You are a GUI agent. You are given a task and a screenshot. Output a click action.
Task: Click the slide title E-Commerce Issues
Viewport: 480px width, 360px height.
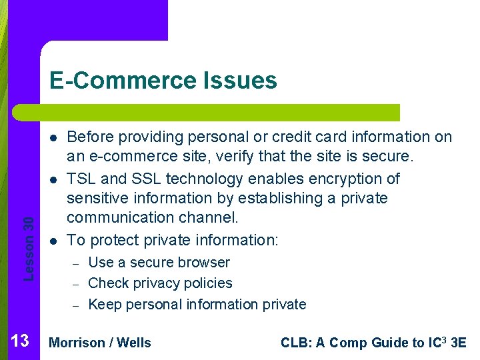[163, 81]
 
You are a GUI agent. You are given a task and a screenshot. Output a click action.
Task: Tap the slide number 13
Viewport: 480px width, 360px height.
[20, 342]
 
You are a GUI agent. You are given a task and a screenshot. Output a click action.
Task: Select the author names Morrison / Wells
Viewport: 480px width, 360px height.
[101, 343]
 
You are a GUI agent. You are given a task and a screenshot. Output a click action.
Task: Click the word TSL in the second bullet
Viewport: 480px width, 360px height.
[81, 179]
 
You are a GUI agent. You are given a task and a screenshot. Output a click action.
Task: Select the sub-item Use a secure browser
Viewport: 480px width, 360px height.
[159, 263]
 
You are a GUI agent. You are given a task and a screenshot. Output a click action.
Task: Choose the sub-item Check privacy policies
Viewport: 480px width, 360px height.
[160, 283]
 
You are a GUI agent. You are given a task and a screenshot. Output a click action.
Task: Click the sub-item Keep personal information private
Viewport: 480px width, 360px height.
[197, 305]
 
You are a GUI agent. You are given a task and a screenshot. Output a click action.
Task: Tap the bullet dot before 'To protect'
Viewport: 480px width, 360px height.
[51, 241]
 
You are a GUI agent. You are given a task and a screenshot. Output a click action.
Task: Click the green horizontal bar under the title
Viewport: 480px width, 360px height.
[207, 112]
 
